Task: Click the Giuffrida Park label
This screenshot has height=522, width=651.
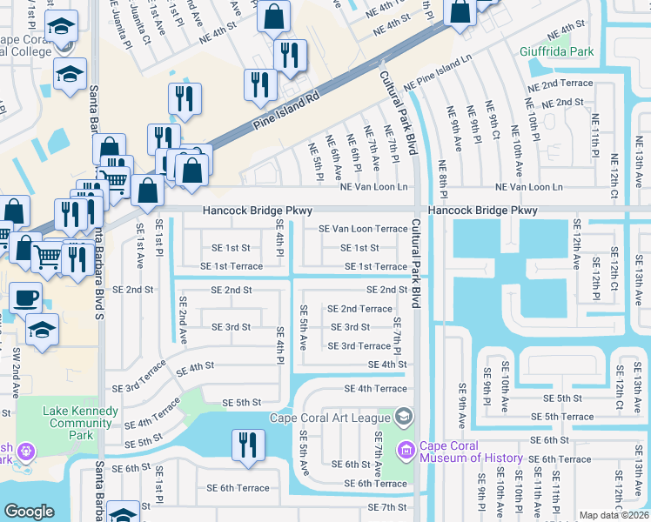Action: tap(557, 51)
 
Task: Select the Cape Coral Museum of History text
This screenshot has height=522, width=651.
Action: tap(471, 452)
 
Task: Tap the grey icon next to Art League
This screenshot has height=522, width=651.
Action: tap(403, 417)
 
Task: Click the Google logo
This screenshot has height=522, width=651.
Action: tap(29, 512)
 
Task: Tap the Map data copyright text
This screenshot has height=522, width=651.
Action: tap(614, 515)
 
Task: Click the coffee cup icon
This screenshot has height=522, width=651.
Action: tap(25, 298)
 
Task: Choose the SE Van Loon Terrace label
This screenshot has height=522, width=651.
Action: tap(363, 229)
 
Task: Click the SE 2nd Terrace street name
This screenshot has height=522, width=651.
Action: tap(359, 309)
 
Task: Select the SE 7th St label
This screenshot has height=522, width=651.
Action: tap(387, 507)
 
